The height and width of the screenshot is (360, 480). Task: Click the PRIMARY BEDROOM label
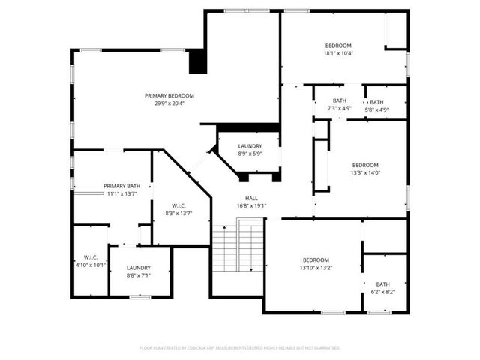click(x=169, y=95)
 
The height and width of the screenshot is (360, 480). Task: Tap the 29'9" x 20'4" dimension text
click(x=169, y=103)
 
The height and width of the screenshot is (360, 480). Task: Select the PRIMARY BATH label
click(x=121, y=186)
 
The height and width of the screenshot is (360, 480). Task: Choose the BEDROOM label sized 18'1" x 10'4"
click(x=338, y=46)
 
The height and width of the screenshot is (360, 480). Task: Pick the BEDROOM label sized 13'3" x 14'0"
click(x=365, y=165)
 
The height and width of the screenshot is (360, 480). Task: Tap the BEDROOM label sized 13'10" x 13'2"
click(x=316, y=259)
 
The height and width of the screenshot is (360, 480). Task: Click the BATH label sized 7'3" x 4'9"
click(x=340, y=100)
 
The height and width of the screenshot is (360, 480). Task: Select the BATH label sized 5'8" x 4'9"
click(x=376, y=102)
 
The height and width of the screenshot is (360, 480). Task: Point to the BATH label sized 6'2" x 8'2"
click(x=383, y=283)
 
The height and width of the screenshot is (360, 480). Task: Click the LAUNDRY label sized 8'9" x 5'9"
click(x=250, y=145)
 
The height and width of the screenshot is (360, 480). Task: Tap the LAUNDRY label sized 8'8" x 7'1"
click(x=139, y=268)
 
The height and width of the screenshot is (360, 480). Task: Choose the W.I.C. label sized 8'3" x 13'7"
click(x=178, y=206)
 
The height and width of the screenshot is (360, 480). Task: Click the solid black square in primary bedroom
click(x=196, y=61)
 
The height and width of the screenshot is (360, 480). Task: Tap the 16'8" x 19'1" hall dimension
click(x=251, y=205)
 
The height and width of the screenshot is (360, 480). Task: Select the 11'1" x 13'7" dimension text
click(x=121, y=193)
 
